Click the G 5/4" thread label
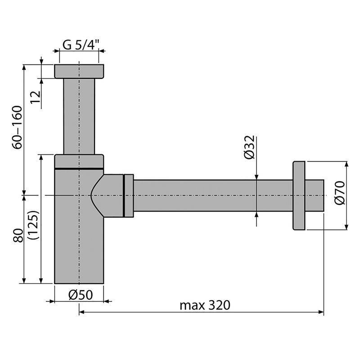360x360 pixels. coord(81,45)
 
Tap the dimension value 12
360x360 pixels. coord(36,97)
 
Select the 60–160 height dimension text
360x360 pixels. coord(18,127)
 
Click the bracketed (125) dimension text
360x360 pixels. coord(33,225)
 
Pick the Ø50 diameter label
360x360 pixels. coord(81,295)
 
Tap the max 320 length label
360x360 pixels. coord(205,306)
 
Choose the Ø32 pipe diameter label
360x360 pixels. coord(250,147)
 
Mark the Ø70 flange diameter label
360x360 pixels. coord(340,193)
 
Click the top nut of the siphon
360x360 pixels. coord(79,72)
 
